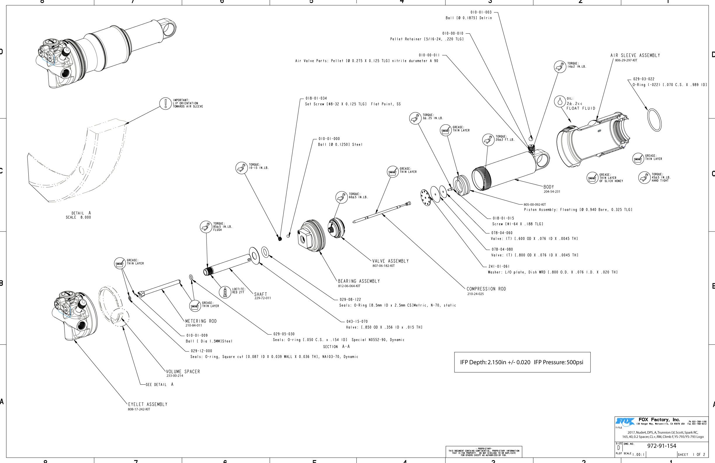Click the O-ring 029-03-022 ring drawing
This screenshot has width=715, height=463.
[654, 120]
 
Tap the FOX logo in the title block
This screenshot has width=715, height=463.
[625, 421]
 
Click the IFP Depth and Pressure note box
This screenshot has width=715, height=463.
[522, 362]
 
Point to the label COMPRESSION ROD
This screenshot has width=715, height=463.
[486, 289]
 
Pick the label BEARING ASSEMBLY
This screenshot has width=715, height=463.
[359, 281]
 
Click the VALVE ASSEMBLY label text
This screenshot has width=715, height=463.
[390, 261]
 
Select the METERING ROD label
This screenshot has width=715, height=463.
[201, 321]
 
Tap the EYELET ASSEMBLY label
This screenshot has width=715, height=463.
[147, 404]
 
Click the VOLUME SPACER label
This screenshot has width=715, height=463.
[183, 372]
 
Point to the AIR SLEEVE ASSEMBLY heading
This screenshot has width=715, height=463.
[635, 56]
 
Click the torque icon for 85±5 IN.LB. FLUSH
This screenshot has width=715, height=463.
[206, 227]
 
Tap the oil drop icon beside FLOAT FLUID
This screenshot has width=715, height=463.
[560, 101]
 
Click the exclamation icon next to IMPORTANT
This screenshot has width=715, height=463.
[165, 103]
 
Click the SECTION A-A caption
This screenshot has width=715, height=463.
[336, 347]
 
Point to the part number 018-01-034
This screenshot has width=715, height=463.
[316, 98]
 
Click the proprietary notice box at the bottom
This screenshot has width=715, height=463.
[484, 452]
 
